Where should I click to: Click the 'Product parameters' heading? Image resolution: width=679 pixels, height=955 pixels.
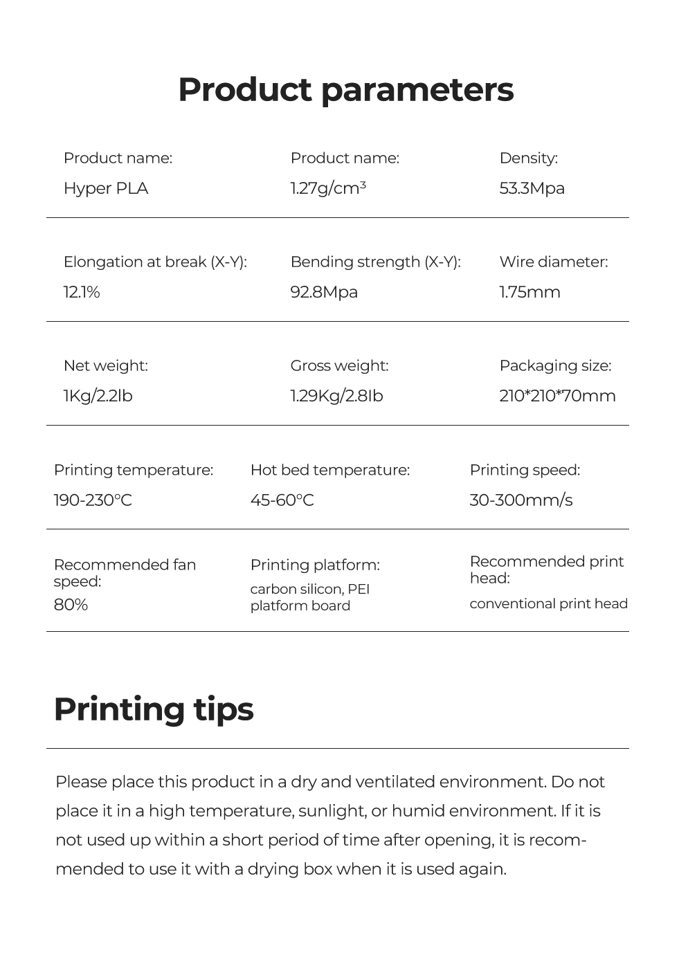345,90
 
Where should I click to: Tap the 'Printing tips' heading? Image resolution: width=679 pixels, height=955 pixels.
154,709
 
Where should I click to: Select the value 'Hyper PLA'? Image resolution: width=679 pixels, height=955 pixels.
106,188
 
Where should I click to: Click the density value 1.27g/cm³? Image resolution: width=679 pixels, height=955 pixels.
328,188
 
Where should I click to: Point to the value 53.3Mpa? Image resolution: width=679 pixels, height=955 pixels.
532,188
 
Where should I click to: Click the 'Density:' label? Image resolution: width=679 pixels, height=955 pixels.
528,158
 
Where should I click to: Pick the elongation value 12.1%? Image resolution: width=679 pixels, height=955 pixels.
82,292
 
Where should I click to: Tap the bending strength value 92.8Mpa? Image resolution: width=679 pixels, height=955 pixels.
324,292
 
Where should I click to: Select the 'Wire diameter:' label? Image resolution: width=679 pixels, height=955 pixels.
554,262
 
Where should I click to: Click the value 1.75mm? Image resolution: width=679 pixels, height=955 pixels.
529,292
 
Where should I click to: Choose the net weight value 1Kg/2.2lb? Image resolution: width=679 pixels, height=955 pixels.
98,396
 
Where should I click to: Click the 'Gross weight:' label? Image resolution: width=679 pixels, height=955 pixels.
339,365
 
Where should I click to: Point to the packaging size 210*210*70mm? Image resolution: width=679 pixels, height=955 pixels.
557,396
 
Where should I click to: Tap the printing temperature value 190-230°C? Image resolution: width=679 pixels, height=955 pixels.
93,500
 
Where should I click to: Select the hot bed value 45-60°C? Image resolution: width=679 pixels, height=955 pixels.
282,500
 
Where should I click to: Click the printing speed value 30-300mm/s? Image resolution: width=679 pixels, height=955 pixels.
520,500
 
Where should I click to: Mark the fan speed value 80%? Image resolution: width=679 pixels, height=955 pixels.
71,605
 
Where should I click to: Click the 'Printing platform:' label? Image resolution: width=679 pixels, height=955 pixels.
315,565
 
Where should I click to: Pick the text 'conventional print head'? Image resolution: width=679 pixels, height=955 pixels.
548,603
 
